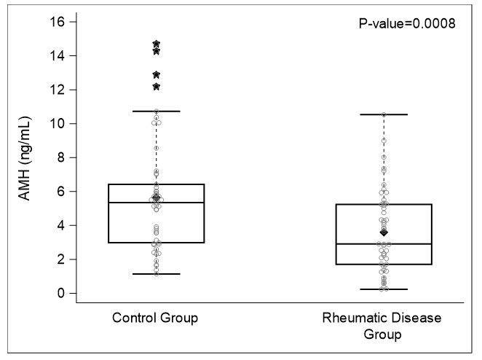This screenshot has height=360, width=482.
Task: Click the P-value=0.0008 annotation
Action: tap(407, 23)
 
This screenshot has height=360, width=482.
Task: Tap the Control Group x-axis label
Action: tap(156, 318)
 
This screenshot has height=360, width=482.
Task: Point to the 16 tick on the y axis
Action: tap(58, 22)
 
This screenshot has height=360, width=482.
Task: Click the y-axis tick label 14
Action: tap(58, 56)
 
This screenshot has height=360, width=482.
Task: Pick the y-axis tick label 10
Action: tap(58, 124)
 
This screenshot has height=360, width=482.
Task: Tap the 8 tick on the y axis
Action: tap(62, 157)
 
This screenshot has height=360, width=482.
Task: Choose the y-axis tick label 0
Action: tap(62, 293)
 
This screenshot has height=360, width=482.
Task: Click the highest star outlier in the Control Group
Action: tap(157, 44)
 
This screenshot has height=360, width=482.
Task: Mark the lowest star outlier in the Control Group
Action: tap(157, 87)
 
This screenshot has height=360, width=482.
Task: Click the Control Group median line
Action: tap(156, 203)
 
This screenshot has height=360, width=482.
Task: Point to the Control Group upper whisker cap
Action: tap(156, 111)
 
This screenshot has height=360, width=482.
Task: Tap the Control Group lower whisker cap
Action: tap(156, 274)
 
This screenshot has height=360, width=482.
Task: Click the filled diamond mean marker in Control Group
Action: tap(157, 198)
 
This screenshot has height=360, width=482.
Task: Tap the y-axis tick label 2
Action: tap(62, 259)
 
